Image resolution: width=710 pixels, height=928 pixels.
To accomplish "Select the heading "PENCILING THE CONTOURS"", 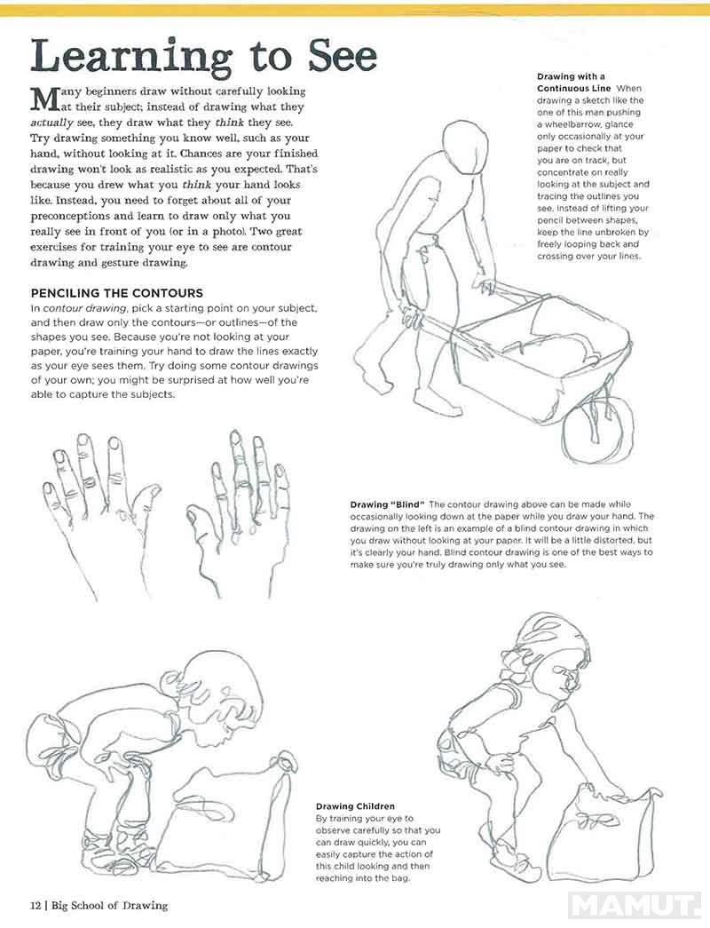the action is click(116, 293).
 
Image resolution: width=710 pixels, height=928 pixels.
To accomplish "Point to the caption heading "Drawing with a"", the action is click(571, 76).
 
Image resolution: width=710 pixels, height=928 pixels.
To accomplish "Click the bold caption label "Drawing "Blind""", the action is click(388, 504).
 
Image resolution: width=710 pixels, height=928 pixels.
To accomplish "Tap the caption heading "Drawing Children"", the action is click(355, 806).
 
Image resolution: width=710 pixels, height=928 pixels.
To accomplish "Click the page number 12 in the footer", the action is click(35, 906).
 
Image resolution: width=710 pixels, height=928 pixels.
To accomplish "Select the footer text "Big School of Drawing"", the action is click(109, 906).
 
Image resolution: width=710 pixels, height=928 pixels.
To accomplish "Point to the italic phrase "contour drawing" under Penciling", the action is click(84, 308).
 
